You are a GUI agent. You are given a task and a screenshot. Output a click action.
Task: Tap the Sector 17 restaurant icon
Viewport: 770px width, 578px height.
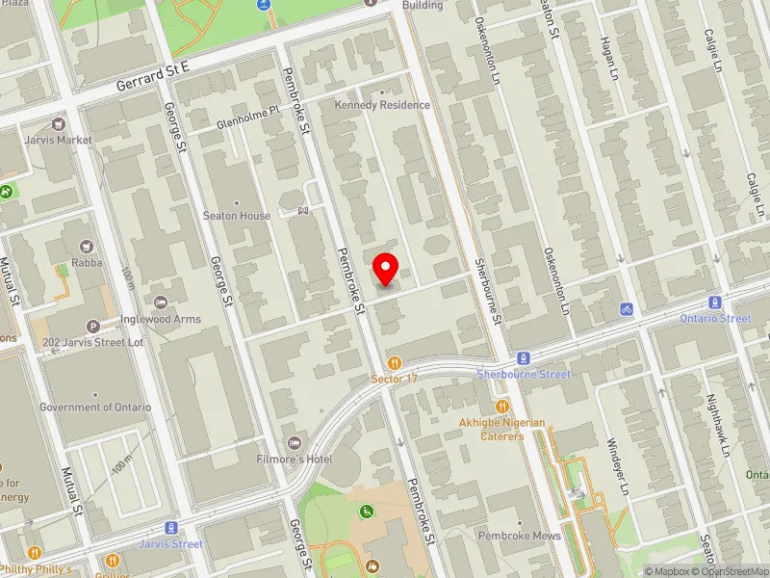[x=394, y=362]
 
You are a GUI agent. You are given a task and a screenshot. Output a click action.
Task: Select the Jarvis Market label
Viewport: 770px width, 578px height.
[x=60, y=140]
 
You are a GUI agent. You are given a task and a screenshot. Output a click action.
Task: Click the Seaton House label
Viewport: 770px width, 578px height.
[x=237, y=216]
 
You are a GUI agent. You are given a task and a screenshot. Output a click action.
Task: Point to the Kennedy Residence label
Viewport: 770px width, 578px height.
[x=382, y=105]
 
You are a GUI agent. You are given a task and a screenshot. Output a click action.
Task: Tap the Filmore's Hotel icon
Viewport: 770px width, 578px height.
[x=295, y=443]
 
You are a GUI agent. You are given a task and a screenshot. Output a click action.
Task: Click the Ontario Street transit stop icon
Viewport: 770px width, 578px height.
[x=715, y=302]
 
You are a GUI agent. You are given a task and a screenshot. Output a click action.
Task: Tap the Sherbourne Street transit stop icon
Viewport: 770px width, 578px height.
[x=524, y=357]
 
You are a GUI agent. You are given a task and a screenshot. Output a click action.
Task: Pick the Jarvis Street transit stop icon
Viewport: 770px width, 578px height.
[x=171, y=528]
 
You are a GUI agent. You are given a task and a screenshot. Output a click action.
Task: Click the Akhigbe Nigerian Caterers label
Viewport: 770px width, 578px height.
[x=500, y=429]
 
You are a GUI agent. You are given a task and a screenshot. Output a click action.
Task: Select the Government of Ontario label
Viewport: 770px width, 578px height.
[x=95, y=407]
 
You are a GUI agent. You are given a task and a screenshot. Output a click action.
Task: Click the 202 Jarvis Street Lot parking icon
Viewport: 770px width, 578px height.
[x=93, y=327]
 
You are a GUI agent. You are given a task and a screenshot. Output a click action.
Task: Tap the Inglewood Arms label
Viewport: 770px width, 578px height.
[x=162, y=319]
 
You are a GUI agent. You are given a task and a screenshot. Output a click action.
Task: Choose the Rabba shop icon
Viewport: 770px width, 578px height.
[x=89, y=247]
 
